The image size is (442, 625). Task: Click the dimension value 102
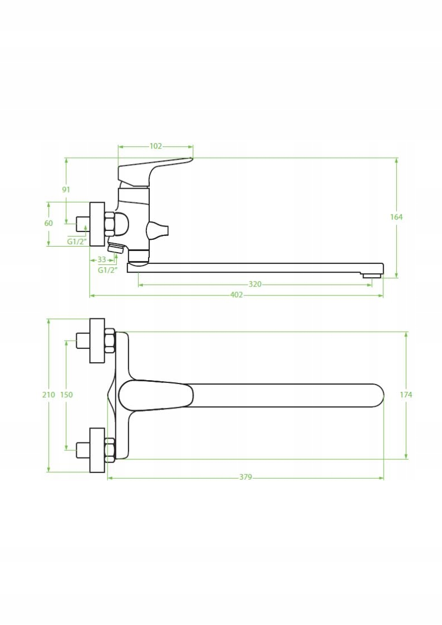(156, 146)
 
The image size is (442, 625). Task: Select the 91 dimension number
(66, 190)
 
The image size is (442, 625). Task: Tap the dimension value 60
(48, 223)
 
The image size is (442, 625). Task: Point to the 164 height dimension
(396, 217)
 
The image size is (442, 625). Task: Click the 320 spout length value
(255, 284)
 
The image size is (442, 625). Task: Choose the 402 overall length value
(237, 295)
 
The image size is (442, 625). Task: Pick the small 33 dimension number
(102, 259)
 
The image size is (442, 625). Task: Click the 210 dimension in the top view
(48, 395)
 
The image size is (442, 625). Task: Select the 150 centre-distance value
(67, 395)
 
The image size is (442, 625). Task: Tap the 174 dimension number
(406, 395)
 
